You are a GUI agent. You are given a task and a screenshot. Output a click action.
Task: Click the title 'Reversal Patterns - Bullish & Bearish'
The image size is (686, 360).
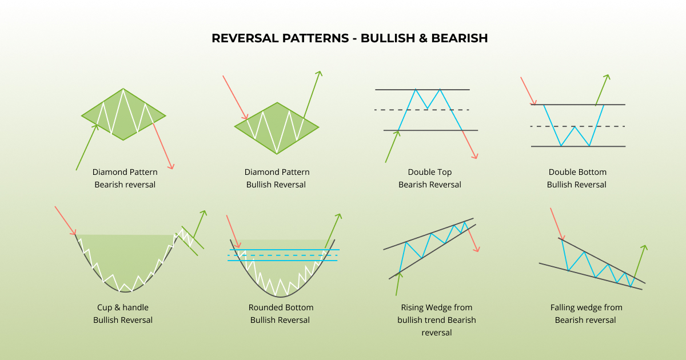point(349,38)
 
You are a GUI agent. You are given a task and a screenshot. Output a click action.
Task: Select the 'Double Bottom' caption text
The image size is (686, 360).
point(577,172)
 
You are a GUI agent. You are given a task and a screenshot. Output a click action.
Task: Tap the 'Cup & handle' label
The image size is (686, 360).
point(123,307)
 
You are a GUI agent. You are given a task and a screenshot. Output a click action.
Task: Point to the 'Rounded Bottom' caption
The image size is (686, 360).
point(281,307)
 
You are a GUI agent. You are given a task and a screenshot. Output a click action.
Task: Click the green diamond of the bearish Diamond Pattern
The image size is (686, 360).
point(123,114)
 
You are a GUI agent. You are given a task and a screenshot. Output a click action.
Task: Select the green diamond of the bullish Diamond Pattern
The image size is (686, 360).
point(277,128)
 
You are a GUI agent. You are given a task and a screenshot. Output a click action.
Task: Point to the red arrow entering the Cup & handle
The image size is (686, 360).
point(65,221)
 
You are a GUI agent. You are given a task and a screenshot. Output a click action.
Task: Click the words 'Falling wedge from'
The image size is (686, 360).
point(587,307)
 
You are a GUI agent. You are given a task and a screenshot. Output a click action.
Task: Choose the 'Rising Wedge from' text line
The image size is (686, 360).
point(437,307)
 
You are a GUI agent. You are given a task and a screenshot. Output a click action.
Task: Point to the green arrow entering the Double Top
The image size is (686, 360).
point(392,146)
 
